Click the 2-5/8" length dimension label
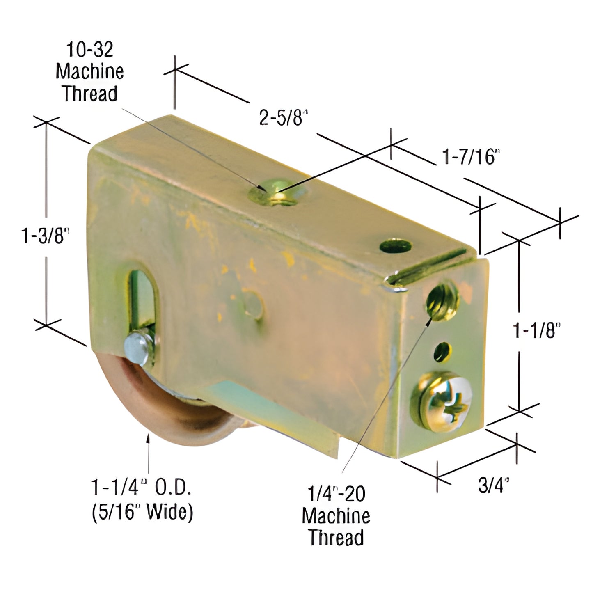283,118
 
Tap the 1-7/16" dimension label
468,157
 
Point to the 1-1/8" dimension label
537,330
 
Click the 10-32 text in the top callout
89,50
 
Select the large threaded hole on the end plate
441,304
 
